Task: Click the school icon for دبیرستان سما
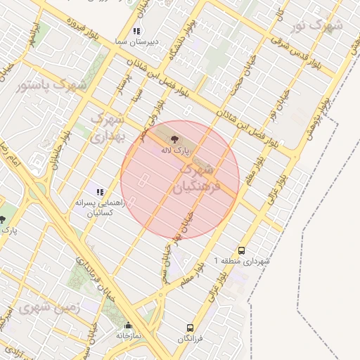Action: [x=136, y=31]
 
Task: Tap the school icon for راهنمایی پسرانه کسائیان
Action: [x=100, y=191]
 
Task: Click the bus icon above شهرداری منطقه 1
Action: [x=241, y=250]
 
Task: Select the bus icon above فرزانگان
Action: [x=190, y=328]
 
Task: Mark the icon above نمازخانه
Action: [x=128, y=326]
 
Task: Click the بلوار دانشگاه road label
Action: [x=189, y=36]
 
